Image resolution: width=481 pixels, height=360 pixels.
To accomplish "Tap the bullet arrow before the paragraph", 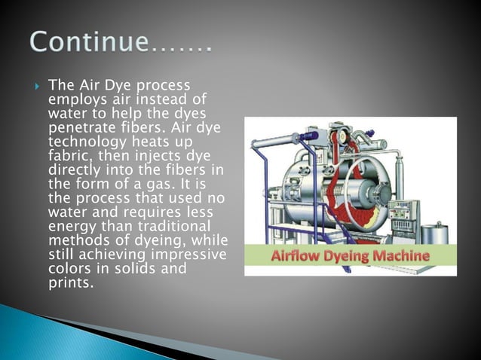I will pos(38,84).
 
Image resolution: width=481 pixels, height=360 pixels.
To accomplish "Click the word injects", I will pos(146,157).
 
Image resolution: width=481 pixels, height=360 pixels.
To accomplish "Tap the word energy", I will pos(69,227).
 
